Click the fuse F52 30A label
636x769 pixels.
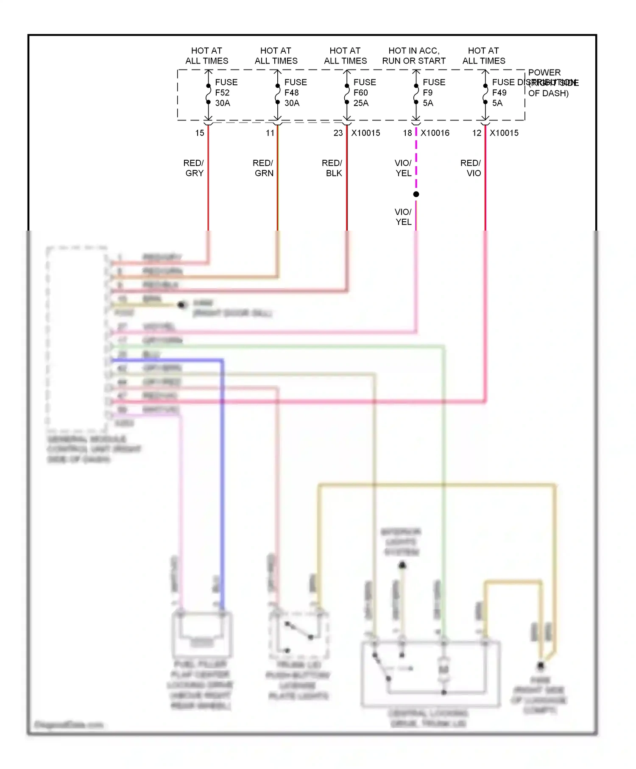[226, 92]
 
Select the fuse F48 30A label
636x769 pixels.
[295, 92]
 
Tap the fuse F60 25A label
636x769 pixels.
[364, 92]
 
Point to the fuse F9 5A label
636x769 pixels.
[433, 92]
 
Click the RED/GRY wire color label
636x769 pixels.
[194, 168]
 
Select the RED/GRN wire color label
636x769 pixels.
[263, 168]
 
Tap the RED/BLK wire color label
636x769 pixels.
[332, 168]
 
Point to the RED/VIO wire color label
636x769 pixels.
[471, 168]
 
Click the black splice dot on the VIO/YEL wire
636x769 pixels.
[416, 194]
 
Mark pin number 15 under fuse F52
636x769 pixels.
[200, 133]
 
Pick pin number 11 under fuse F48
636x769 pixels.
[270, 133]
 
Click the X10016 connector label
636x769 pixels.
[435, 133]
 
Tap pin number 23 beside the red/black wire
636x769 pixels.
[338, 133]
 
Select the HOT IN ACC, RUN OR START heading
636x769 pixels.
[414, 56]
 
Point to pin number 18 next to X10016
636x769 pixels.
[407, 133]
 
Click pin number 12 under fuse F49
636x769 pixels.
[477, 133]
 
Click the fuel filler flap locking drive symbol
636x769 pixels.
[202, 634]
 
